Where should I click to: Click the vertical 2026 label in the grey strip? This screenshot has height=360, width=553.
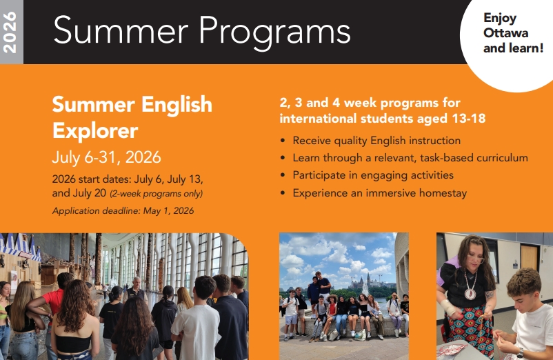click(10, 32)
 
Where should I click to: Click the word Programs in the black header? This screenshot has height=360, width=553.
click(274, 32)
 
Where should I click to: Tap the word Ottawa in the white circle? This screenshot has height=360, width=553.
click(505, 33)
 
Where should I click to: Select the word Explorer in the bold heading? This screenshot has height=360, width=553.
click(95, 130)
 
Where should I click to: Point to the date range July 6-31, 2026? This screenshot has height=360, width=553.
click(106, 157)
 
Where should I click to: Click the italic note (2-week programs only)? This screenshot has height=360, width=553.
click(157, 194)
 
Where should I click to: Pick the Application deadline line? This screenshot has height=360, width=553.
click(123, 211)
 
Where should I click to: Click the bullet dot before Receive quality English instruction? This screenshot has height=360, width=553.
click(283, 141)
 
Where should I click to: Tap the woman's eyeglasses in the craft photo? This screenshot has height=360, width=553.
click(476, 260)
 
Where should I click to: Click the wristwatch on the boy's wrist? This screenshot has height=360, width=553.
click(521, 353)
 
